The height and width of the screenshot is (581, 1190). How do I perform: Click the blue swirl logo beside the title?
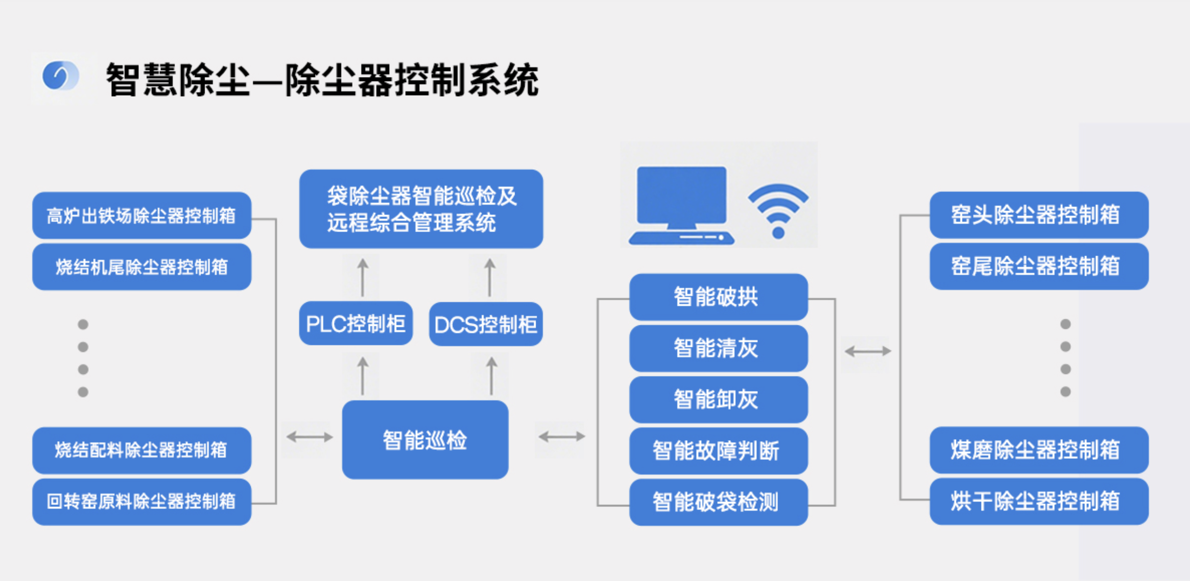click(x=60, y=76)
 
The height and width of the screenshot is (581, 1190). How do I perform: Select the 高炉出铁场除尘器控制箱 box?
click(x=141, y=215)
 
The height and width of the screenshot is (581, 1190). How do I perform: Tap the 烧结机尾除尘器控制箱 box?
click(x=141, y=267)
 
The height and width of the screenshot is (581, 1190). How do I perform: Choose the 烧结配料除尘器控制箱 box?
click(x=141, y=450)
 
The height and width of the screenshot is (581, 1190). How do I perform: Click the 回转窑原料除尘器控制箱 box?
click(x=141, y=502)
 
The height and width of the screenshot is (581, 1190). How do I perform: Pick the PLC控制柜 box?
click(x=356, y=324)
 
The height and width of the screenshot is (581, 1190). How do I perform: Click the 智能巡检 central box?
click(x=425, y=440)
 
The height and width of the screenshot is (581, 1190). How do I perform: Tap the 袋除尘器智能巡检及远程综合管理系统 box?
click(x=421, y=209)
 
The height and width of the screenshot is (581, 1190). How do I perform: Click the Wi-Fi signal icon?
click(x=778, y=211)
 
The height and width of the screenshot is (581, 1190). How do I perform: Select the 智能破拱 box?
click(x=718, y=297)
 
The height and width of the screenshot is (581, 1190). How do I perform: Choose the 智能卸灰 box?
click(x=718, y=399)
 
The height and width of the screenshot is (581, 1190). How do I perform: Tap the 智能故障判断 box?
click(x=718, y=450)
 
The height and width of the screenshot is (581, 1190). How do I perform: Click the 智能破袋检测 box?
click(x=718, y=502)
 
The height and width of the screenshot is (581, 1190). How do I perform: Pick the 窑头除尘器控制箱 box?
click(x=1038, y=215)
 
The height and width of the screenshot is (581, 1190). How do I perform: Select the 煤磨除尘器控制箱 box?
click(x=1038, y=450)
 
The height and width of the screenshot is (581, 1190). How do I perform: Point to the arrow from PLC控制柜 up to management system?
click(x=362, y=278)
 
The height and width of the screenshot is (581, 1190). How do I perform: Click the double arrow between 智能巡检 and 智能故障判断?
click(x=562, y=436)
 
